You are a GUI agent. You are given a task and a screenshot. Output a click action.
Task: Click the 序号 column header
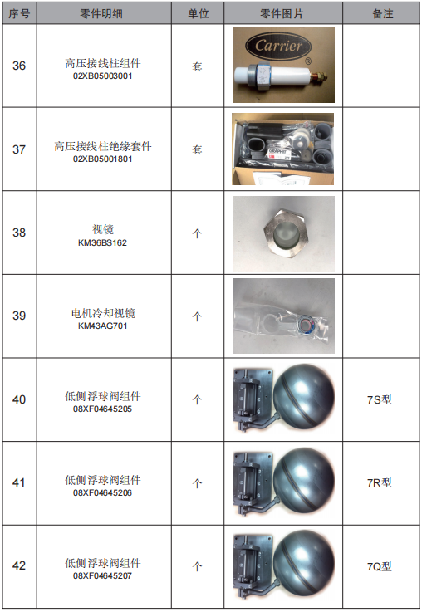(x=19, y=13)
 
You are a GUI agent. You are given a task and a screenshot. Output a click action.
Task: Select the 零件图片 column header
(x=282, y=13)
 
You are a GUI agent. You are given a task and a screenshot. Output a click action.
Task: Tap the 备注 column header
(x=383, y=13)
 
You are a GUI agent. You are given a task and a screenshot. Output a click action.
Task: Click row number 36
(x=19, y=66)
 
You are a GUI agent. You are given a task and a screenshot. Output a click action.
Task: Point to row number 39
(x=19, y=316)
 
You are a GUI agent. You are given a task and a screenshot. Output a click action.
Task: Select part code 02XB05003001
(x=103, y=76)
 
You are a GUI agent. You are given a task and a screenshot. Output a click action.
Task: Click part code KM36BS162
(x=103, y=242)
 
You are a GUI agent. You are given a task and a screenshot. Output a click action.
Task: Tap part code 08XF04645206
(x=103, y=492)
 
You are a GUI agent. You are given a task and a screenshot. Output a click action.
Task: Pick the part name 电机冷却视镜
(x=103, y=313)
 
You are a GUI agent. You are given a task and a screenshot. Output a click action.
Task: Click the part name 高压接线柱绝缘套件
(x=103, y=146)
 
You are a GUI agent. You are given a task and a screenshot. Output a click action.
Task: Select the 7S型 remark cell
(x=380, y=399)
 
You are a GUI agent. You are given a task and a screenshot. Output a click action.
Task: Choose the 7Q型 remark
(x=380, y=566)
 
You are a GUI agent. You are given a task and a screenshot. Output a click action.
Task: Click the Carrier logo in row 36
(x=279, y=46)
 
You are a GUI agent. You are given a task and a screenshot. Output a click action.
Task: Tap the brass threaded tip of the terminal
(x=319, y=75)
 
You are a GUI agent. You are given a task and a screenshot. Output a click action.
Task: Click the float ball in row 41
(x=304, y=481)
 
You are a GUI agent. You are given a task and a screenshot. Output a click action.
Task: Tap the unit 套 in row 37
(x=197, y=149)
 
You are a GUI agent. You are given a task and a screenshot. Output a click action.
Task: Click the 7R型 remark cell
(x=380, y=482)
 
